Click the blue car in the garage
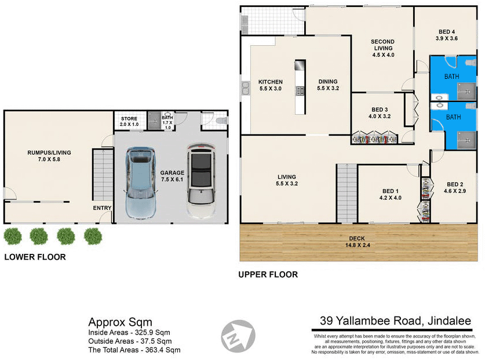[x=141, y=183]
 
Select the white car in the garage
[x=200, y=181]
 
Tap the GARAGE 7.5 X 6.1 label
[x=173, y=176]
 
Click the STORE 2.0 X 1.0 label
[x=129, y=122]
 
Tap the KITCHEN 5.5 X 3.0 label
[x=270, y=85]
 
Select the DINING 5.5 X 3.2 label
[x=327, y=85]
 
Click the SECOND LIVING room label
[x=383, y=48]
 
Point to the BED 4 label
[x=446, y=35]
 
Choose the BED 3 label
[x=380, y=113]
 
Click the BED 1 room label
[x=389, y=194]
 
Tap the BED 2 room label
[x=454, y=187]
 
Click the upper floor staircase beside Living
[x=347, y=193]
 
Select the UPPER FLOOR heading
[x=268, y=274]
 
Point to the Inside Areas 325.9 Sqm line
[x=129, y=333]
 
